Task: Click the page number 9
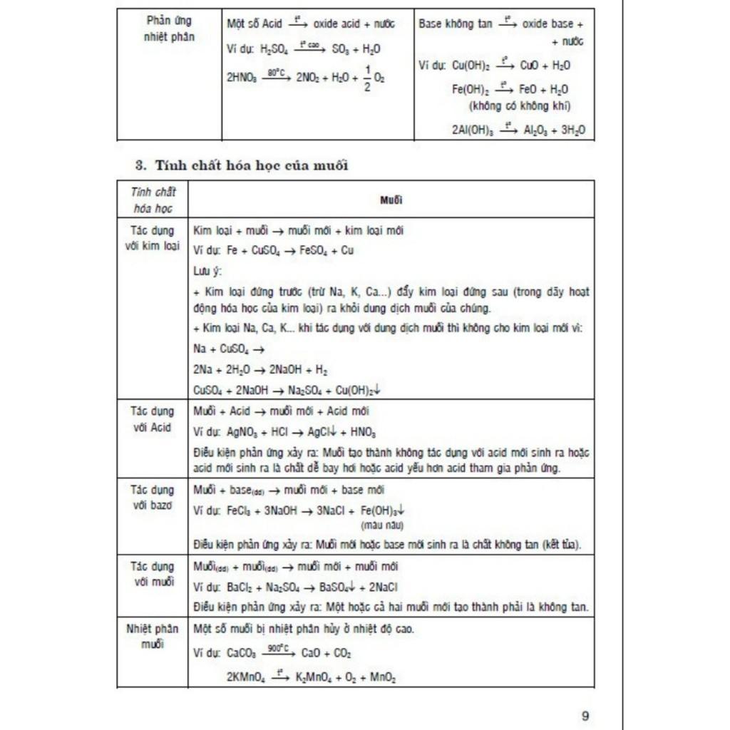click(x=585, y=716)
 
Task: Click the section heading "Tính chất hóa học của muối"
click(x=242, y=165)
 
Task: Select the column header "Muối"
click(x=391, y=200)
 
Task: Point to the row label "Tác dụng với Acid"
click(x=153, y=419)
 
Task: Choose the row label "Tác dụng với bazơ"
click(x=153, y=497)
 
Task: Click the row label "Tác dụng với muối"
click(x=153, y=574)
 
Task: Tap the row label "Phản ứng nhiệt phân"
click(x=168, y=29)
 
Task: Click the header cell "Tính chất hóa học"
click(x=153, y=200)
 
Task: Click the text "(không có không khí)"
click(x=520, y=106)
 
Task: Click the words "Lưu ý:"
click(x=207, y=272)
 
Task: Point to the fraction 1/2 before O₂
click(x=368, y=78)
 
